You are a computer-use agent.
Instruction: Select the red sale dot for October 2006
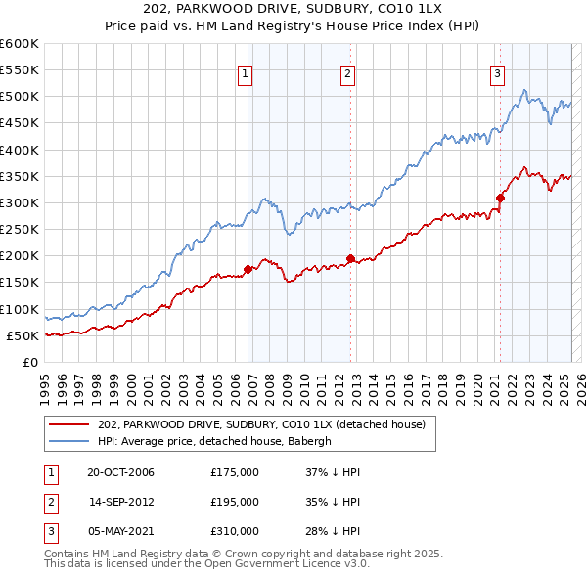coord(248,269)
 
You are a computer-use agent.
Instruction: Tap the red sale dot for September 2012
coord(350,258)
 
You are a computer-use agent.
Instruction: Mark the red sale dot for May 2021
coord(500,198)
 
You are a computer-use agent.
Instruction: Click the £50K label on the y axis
coord(23,336)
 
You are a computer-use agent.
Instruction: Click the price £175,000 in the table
coord(235,473)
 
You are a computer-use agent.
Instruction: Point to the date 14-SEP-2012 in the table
coord(120,502)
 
